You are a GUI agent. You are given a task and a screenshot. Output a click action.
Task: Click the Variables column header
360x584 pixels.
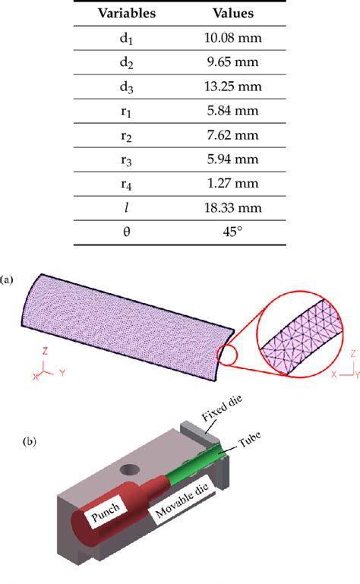(127, 14)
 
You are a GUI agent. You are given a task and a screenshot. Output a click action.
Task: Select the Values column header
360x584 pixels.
(233, 14)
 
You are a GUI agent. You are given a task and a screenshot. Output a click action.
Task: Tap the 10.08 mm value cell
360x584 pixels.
(233, 38)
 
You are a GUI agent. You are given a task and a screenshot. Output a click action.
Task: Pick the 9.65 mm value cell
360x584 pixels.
(233, 62)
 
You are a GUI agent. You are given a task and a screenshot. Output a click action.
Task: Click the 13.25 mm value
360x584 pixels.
(233, 87)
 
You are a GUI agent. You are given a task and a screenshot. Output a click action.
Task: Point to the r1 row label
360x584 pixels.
(126, 112)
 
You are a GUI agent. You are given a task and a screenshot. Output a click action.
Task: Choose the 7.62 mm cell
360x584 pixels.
(233, 135)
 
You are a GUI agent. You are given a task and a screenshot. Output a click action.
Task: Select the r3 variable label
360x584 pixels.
(126, 160)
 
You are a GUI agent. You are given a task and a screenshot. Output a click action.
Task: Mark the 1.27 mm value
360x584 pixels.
(233, 183)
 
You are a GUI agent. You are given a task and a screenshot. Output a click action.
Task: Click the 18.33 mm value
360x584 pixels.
(233, 207)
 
